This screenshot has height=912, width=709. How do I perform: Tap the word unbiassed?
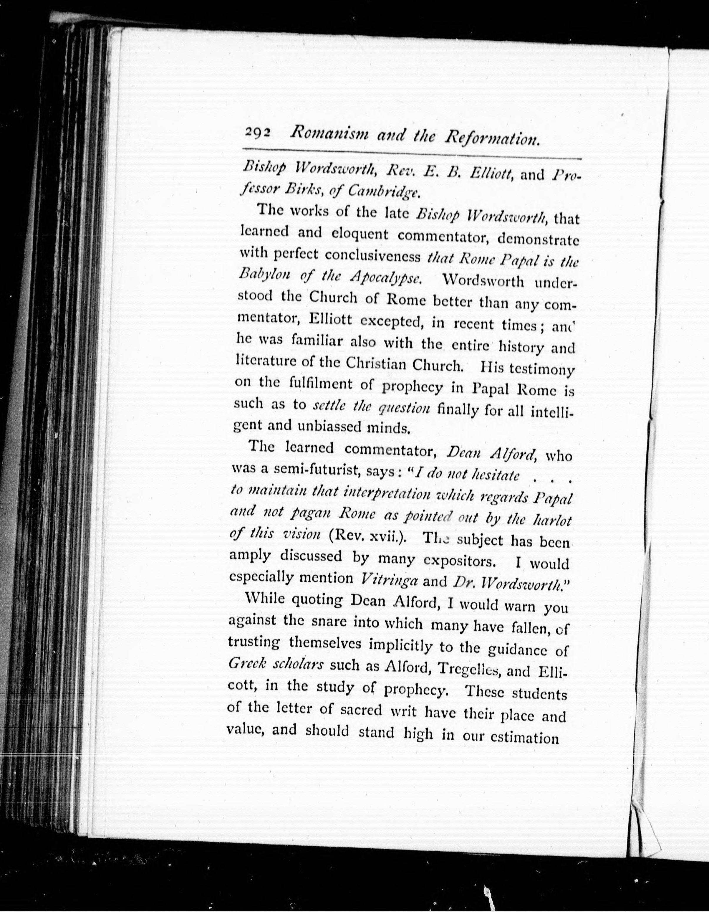pos(329,427)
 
